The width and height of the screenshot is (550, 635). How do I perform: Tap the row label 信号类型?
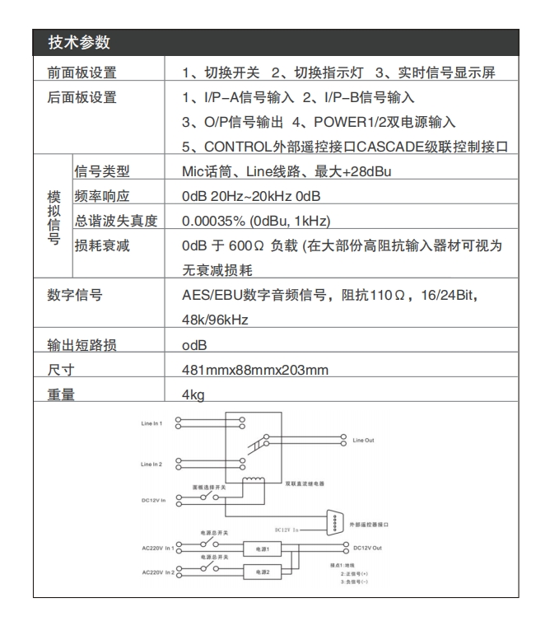coord(103,172)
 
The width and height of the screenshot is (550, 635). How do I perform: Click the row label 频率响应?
coord(103,197)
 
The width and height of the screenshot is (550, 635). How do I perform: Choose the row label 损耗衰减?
coord(103,245)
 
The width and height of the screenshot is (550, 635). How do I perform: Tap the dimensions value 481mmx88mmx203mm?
coord(255,370)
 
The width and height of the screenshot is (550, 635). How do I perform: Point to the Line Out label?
coord(363,441)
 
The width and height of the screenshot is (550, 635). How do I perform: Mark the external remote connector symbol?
coord(335,524)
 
